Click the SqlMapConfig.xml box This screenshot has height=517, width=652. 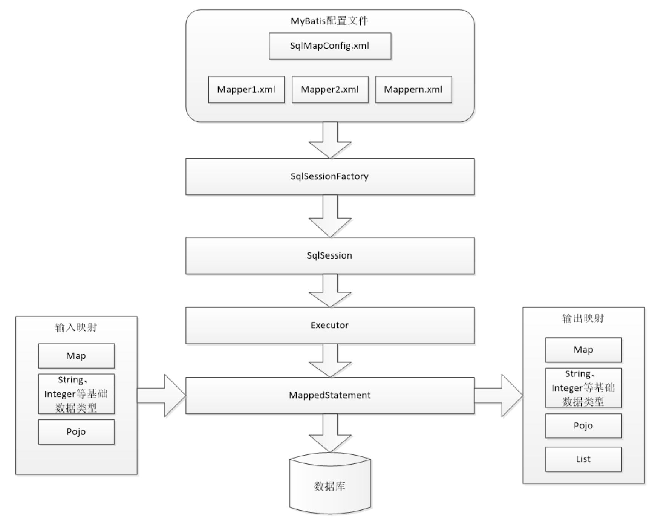click(330, 46)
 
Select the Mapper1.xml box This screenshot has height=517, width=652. click(246, 90)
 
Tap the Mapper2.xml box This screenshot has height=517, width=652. click(330, 90)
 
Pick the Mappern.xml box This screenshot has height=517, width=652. click(413, 90)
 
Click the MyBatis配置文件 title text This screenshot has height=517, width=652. click(329, 21)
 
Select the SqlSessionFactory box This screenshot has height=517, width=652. click(330, 177)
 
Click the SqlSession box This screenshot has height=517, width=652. click(330, 255)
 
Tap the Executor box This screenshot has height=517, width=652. click(330, 326)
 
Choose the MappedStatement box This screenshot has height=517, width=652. click(330, 395)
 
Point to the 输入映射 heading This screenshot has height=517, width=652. click(76, 327)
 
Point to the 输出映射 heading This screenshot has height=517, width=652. click(583, 318)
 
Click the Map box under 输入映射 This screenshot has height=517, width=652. click(77, 356)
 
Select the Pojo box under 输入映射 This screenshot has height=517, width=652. click(77, 432)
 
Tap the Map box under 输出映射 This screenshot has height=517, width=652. click(583, 350)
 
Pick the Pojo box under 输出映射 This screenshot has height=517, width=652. click(583, 426)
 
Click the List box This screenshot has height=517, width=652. click(583, 459)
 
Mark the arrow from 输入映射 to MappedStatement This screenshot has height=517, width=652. click(162, 395)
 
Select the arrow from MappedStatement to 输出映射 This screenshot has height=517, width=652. click(499, 395)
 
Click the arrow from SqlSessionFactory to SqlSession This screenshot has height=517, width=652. click(330, 216)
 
